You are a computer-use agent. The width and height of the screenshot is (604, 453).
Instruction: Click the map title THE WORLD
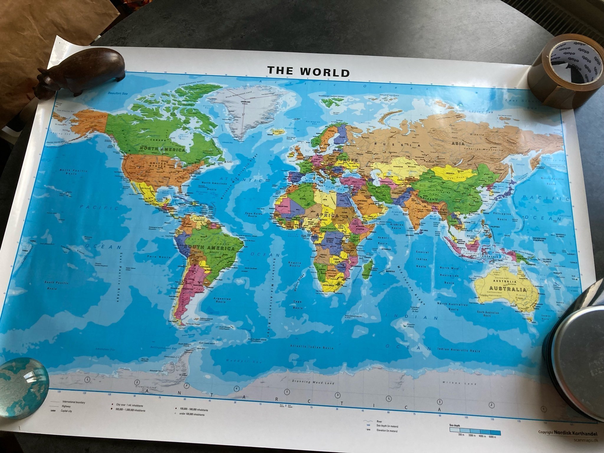coord(308,71)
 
